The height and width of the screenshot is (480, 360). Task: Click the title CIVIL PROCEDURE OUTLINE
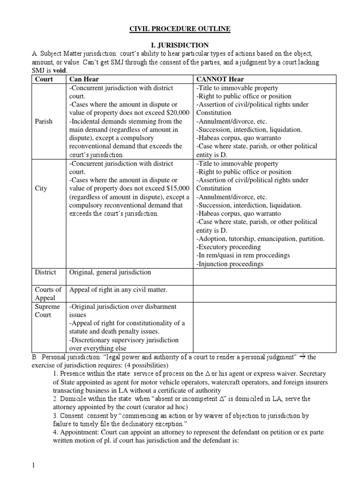click(x=180, y=29)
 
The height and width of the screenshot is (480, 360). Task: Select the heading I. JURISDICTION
click(x=180, y=45)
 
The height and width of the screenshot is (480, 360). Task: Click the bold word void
click(x=59, y=70)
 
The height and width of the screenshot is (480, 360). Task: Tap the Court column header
click(x=44, y=79)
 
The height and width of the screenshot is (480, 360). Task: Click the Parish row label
click(x=44, y=121)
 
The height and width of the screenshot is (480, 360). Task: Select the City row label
click(x=41, y=188)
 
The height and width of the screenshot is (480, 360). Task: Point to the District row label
click(x=46, y=272)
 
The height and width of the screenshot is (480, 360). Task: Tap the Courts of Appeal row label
click(x=48, y=294)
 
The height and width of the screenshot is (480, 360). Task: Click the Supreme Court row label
click(x=48, y=311)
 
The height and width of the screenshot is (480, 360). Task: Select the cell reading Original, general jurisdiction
click(x=110, y=272)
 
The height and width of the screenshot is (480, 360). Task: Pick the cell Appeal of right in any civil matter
click(x=118, y=290)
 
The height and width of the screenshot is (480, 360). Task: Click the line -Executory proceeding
click(x=227, y=247)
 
